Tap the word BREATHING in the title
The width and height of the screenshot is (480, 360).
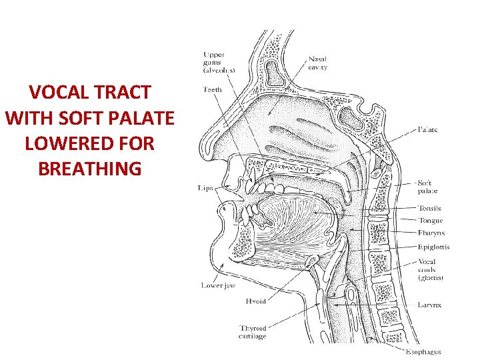point(90,169)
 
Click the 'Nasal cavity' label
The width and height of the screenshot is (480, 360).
point(317,63)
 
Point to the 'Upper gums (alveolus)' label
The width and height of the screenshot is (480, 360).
point(223,61)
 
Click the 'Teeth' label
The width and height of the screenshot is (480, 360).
point(213,89)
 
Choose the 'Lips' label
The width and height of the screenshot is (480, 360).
point(205,188)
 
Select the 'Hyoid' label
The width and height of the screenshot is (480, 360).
point(256,301)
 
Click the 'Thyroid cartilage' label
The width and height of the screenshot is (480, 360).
point(253,331)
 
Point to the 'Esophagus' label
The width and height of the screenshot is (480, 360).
point(423,351)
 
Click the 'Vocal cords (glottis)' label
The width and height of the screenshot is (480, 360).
point(431,269)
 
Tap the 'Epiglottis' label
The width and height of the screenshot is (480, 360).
point(433,247)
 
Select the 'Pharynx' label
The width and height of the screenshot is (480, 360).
point(431,233)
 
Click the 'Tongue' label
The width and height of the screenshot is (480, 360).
point(430,221)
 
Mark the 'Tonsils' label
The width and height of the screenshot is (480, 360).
point(430,208)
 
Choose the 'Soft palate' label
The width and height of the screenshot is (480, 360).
point(427,187)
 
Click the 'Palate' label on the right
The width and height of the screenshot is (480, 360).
point(428,130)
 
